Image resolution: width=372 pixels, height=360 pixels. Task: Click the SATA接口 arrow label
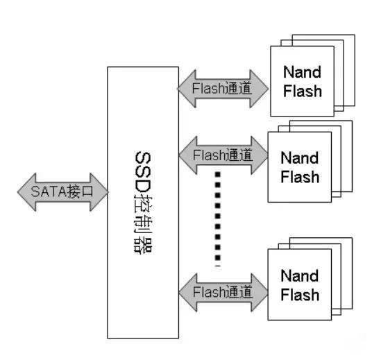62,191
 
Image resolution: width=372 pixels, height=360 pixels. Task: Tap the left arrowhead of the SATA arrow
26,192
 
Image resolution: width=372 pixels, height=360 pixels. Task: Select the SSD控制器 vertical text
143,203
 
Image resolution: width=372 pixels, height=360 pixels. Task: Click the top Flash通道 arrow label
222,88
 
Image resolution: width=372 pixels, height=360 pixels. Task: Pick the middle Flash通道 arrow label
223,155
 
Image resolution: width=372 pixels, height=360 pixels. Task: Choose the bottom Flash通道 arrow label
223,292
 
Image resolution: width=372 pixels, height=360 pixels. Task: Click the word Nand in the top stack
303,72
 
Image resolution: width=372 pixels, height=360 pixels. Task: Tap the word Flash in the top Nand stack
303,91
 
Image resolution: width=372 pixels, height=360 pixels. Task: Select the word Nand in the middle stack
300,158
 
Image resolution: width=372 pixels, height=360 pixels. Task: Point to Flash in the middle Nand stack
300,177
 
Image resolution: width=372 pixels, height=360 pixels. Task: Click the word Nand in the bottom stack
300,276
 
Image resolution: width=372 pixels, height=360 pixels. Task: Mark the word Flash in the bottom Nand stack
300,295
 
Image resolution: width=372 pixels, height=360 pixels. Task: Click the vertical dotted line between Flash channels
217,218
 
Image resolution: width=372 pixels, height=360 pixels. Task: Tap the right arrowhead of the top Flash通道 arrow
259,89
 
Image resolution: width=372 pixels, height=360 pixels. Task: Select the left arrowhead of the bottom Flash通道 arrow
188,292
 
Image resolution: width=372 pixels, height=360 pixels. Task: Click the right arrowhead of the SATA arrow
99,192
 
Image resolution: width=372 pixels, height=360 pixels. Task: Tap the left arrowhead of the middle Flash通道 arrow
188,155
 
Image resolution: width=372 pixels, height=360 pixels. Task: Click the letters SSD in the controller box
143,172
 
